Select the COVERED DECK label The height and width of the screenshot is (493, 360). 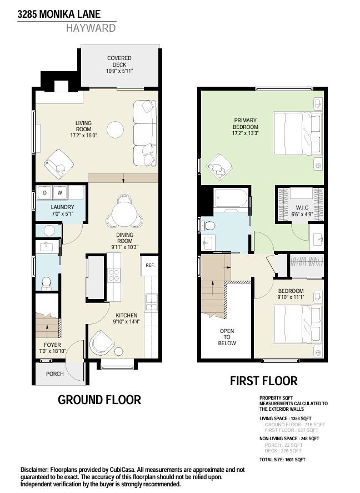pos(119,64)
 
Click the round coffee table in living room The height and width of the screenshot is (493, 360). pos(116,129)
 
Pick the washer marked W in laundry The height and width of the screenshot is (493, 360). pos(60,193)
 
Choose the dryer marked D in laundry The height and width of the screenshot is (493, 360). pos(45,193)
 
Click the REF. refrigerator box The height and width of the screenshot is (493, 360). pos(149,265)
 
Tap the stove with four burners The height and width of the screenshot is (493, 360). pos(114,276)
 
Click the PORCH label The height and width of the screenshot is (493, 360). pos(55,374)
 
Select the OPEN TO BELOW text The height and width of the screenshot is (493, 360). pos(227,337)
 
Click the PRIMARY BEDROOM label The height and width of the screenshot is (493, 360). pos(246,127)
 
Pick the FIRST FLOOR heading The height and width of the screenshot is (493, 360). pos(264,381)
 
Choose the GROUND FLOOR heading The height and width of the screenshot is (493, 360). pos(99,400)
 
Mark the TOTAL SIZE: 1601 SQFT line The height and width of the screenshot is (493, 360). pos(282,460)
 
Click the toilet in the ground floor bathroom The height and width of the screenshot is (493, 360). pos(46,283)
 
